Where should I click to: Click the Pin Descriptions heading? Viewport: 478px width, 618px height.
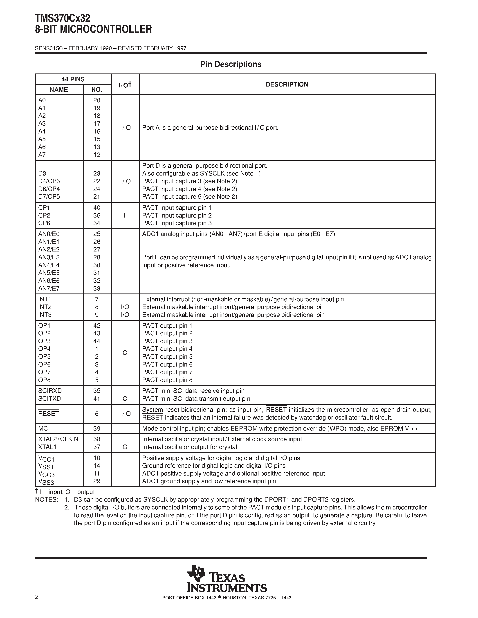(231, 64)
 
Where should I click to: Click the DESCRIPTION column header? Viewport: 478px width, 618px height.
(287, 84)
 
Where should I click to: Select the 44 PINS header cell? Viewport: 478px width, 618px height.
(73, 79)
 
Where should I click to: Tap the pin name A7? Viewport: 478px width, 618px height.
(42, 155)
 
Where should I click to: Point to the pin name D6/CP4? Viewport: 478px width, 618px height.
(49, 189)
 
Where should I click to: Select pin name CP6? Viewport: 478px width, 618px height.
(44, 223)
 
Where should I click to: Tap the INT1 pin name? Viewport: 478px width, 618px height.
(45, 299)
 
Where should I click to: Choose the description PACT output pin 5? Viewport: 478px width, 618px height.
(167, 357)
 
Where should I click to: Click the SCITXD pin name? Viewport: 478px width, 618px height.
(49, 398)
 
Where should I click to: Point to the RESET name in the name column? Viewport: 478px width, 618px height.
(48, 413)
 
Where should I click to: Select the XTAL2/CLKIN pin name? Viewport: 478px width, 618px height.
(58, 439)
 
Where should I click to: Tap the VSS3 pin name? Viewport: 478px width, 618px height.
(46, 481)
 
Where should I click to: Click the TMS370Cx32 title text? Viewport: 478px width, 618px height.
(63, 18)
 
